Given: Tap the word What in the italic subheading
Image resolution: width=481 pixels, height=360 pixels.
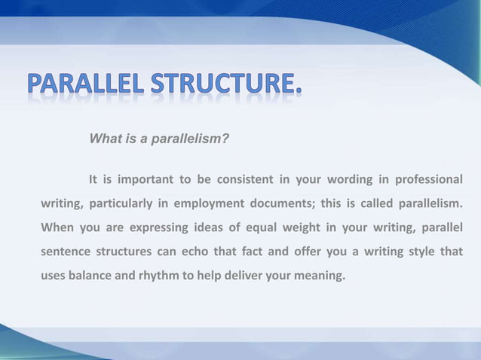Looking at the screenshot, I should click(x=103, y=139).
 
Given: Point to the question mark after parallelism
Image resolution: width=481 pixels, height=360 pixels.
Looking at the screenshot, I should click(x=226, y=139).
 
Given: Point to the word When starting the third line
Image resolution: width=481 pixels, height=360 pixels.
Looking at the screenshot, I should click(x=57, y=227).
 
